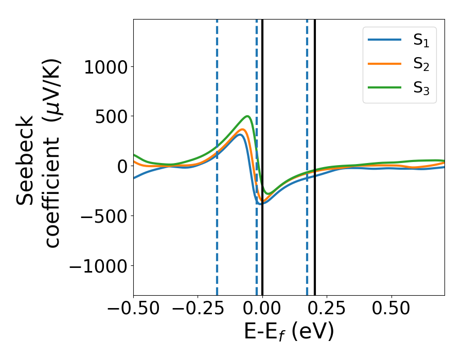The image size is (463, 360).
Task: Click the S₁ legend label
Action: tap(421, 41)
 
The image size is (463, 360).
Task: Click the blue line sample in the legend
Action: tap(385, 40)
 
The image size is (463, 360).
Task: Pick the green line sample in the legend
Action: tap(385, 87)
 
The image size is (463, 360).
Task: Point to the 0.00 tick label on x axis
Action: tap(262, 309)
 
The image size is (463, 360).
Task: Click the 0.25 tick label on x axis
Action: tap(327, 309)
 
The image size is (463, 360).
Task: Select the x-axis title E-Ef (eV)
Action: tap(289, 332)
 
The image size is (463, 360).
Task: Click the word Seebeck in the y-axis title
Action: tap(26, 161)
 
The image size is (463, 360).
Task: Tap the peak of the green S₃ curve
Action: tap(248, 116)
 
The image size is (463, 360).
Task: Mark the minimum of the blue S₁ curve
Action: tap(261, 204)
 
